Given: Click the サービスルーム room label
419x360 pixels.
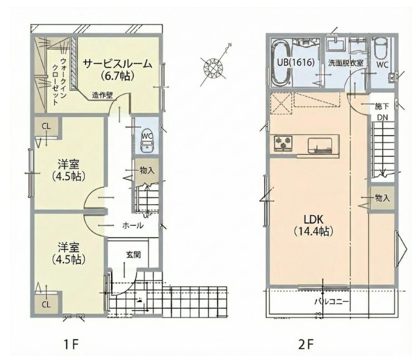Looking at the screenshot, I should pos(117,63).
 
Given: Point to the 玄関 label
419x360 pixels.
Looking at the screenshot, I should pos(133,254).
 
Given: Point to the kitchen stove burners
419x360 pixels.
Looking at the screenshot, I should pos(282,142).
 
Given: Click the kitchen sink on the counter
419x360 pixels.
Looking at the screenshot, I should pos(319,143).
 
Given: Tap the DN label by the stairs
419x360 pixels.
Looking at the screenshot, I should pos(382,118).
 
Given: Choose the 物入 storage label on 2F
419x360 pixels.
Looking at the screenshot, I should pos(382,198).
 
